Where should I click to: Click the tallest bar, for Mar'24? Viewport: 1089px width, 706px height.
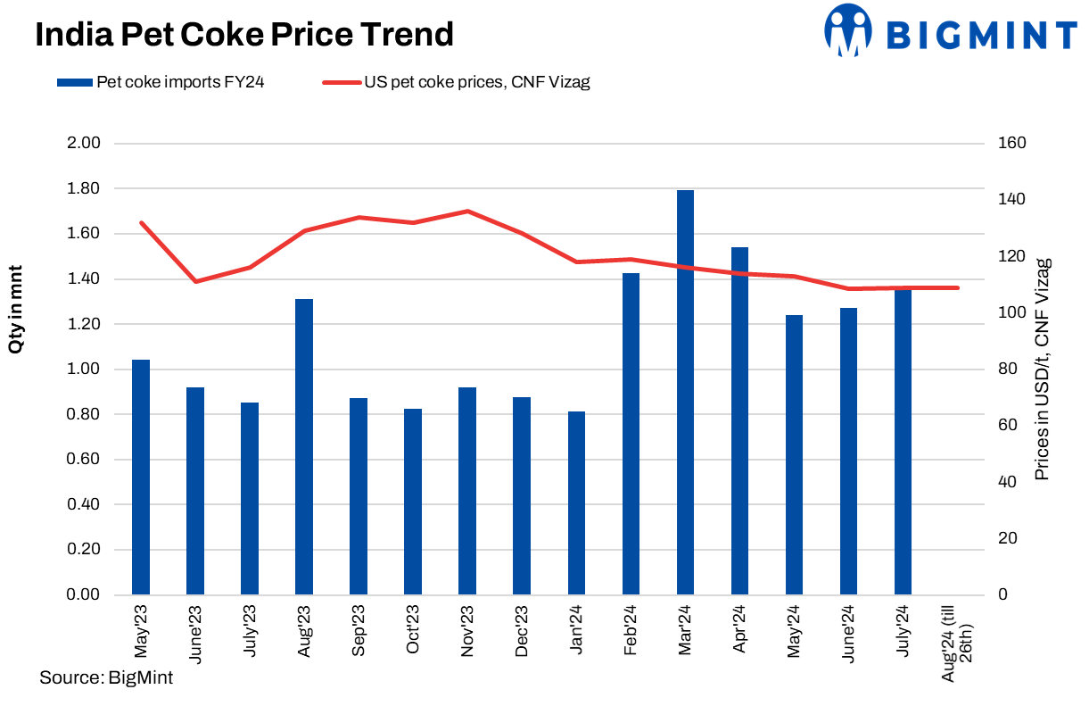[x=685, y=393]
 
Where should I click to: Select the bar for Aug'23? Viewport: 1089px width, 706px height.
[x=304, y=446]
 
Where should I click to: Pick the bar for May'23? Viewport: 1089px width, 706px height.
[x=141, y=477]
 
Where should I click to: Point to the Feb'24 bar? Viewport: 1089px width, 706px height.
[x=631, y=434]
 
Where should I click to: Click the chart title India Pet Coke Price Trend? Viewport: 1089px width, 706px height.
[x=244, y=35]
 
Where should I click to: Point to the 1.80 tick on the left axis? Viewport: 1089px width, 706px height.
[x=83, y=189]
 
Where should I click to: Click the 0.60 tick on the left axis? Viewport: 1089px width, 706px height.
[x=83, y=460]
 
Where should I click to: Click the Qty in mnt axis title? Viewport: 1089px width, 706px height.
[x=16, y=309]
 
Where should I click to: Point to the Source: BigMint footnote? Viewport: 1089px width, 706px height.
[x=106, y=677]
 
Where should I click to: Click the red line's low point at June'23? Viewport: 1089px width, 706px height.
[x=195, y=281]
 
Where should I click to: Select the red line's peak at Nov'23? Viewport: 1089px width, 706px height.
[x=467, y=212]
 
